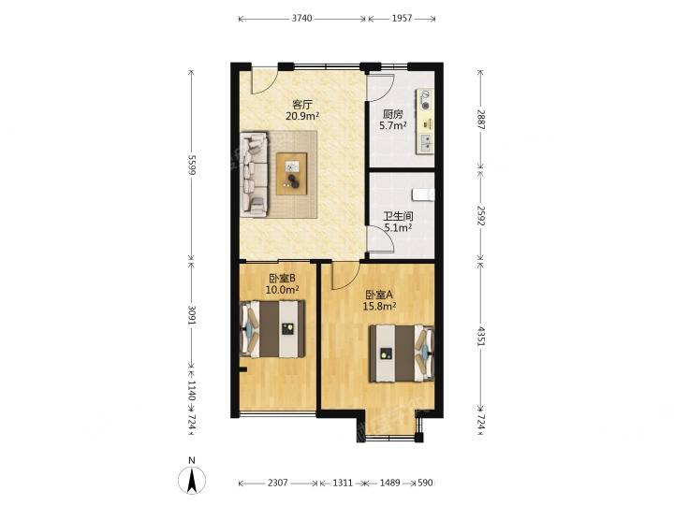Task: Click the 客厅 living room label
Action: pyautogui.click(x=302, y=105)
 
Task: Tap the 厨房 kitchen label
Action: pyautogui.click(x=393, y=114)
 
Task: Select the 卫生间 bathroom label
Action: pyautogui.click(x=398, y=216)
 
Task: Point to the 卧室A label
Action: pyautogui.click(x=379, y=295)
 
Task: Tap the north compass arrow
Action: pyautogui.click(x=192, y=480)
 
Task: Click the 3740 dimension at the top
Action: pyautogui.click(x=301, y=19)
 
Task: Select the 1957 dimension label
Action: pyautogui.click(x=402, y=19)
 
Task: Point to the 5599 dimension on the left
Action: pyautogui.click(x=192, y=165)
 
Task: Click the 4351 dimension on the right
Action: pyautogui.click(x=480, y=337)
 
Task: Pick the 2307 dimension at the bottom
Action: pyautogui.click(x=278, y=483)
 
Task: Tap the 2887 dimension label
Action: pyautogui.click(x=480, y=120)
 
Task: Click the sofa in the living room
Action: pyautogui.click(x=254, y=174)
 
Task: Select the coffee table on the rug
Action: pyautogui.click(x=291, y=174)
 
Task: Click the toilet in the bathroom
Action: pyautogui.click(x=423, y=195)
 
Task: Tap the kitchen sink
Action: pyautogui.click(x=426, y=143)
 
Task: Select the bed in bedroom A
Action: pyautogui.click(x=402, y=353)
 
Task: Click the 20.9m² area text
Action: pyautogui.click(x=302, y=116)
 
